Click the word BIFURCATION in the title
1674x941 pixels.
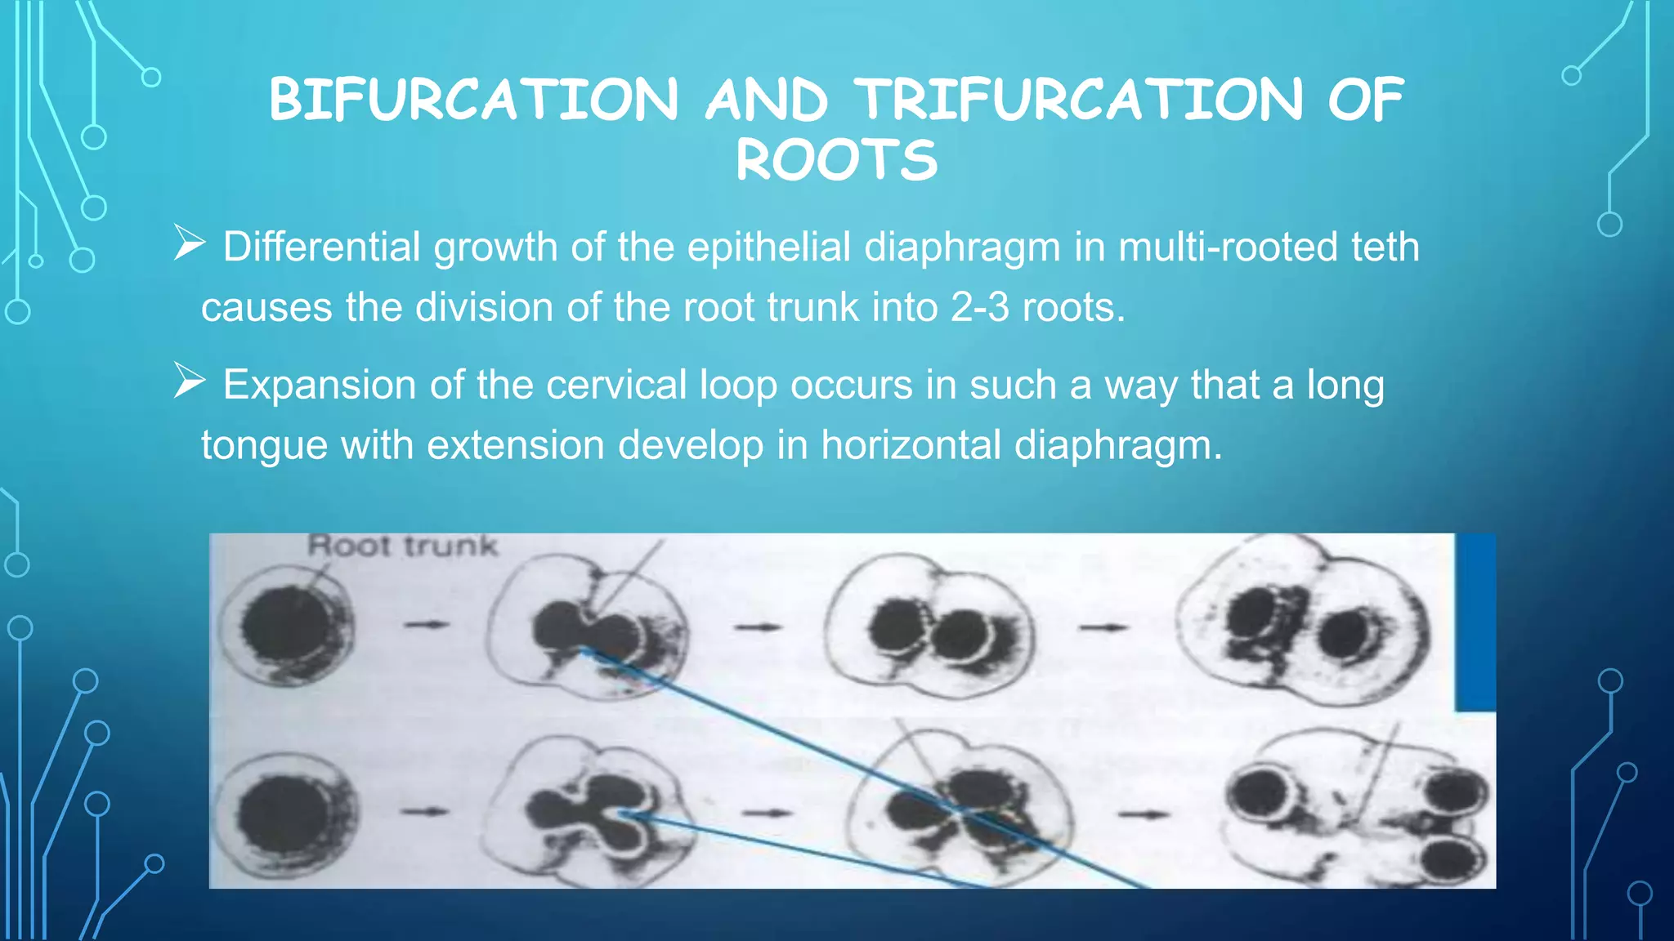474,100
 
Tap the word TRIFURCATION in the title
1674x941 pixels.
1079,100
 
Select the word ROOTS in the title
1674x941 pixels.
837,160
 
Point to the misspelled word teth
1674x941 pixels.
1385,247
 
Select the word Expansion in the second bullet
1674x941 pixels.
319,384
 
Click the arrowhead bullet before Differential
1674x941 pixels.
190,243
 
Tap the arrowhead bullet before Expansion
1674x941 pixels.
190,381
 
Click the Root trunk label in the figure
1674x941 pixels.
402,546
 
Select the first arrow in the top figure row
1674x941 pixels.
427,625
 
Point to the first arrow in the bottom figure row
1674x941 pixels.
425,811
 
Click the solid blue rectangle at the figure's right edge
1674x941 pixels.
1475,621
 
